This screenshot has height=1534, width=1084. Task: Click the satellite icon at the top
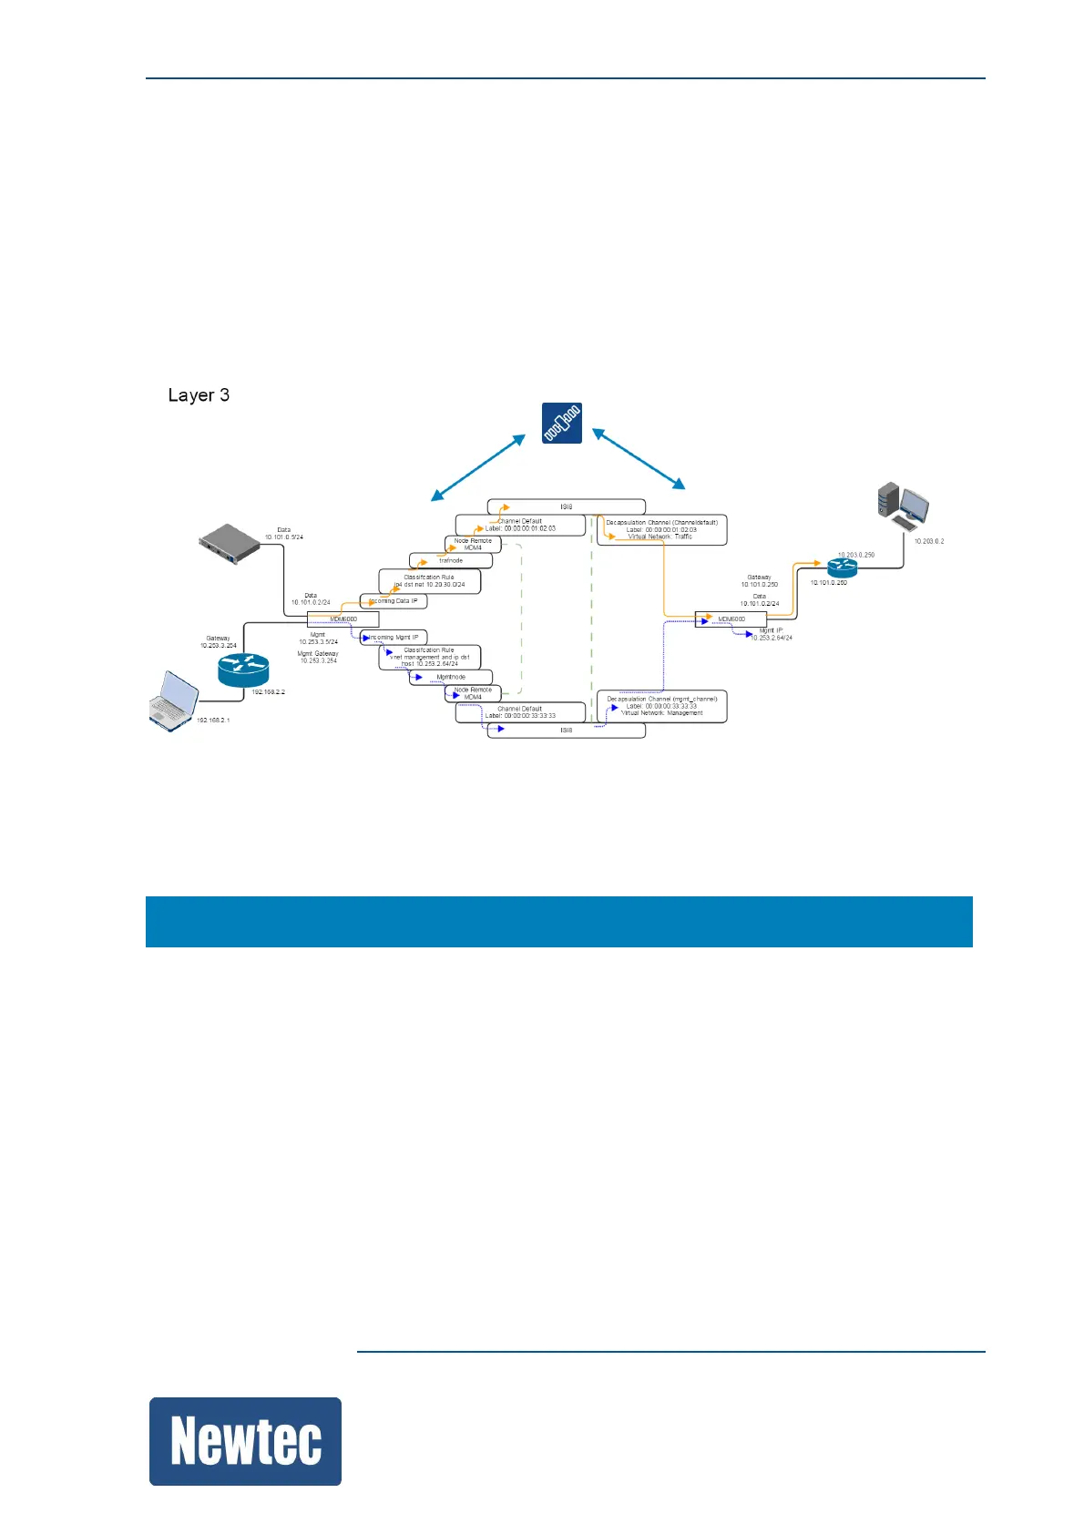point(561,423)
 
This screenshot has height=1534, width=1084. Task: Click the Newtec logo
point(245,1442)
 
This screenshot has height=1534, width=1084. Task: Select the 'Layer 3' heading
point(199,395)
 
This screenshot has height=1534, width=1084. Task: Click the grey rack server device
point(230,544)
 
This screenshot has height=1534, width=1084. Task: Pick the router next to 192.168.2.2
point(243,670)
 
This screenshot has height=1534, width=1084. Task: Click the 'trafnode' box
point(451,560)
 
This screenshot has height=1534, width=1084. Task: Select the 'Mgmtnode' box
point(451,677)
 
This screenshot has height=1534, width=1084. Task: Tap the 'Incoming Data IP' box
point(394,601)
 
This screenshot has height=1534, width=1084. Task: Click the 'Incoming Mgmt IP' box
point(394,638)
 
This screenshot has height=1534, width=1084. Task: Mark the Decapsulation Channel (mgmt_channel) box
point(662,706)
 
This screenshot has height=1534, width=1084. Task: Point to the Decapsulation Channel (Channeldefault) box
point(662,529)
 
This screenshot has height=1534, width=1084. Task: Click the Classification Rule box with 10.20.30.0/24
point(429,581)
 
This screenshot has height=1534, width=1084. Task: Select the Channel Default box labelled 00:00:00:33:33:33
point(520,712)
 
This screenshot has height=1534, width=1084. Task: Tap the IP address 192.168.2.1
point(213,721)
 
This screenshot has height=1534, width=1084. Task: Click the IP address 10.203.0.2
point(929,541)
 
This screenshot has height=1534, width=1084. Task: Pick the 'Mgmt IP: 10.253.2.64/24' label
point(771,634)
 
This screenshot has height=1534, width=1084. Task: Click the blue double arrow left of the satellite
point(478,467)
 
